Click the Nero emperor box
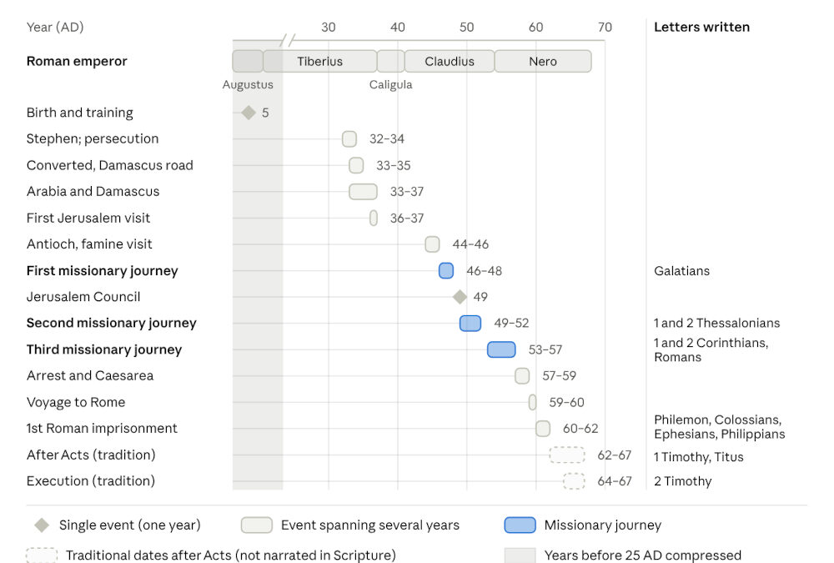click(x=543, y=61)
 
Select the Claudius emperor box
click(x=450, y=61)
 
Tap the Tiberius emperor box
click(x=320, y=61)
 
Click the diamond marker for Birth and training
click(x=249, y=113)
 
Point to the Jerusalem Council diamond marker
click(x=460, y=297)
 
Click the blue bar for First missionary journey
click(x=446, y=271)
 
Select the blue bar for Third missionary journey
click(x=501, y=349)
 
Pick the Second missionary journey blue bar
click(x=470, y=323)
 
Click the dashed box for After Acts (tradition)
click(x=567, y=455)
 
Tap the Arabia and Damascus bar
click(x=363, y=192)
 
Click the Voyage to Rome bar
click(x=532, y=402)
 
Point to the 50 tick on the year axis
click(x=466, y=28)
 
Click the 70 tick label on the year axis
click(x=605, y=28)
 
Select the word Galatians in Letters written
click(x=682, y=271)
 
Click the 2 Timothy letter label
click(x=683, y=481)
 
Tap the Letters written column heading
click(x=702, y=28)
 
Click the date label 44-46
click(x=470, y=244)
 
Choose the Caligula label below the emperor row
click(x=391, y=84)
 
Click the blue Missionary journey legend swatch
click(x=520, y=525)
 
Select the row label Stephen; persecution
click(x=93, y=139)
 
